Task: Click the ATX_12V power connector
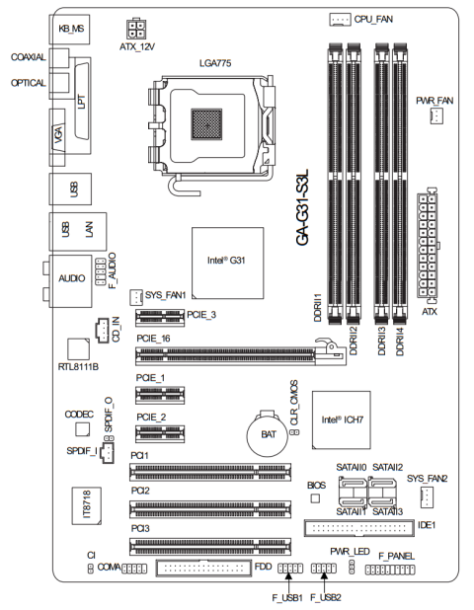[136, 29]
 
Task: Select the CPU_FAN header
[340, 19]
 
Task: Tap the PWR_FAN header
[436, 116]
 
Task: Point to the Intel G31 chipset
[228, 264]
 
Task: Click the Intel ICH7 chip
[342, 420]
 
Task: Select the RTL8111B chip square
[78, 349]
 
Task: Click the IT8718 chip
[86, 505]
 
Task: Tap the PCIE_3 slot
[160, 318]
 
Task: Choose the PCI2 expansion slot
[210, 509]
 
